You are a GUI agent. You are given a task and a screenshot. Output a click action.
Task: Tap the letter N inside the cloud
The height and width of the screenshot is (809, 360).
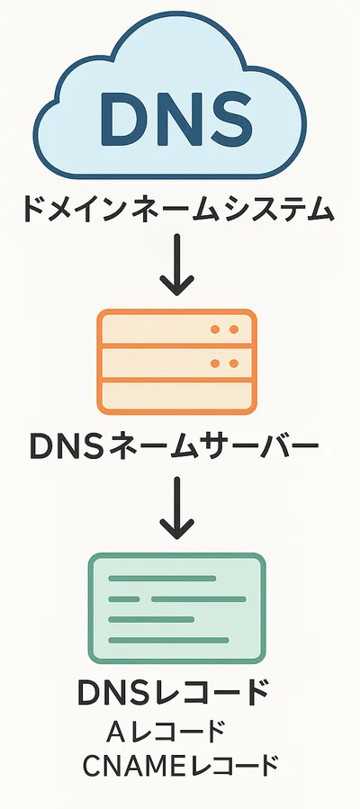coord(175,118)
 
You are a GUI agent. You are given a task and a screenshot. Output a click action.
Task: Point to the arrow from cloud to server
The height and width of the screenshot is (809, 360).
coord(177,265)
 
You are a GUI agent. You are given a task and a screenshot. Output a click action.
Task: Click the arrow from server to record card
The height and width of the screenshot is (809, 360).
coord(177,508)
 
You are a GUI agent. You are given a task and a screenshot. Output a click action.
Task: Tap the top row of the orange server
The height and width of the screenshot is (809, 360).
coord(177,329)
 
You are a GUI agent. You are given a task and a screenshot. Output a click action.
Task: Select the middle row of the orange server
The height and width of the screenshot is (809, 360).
coord(177,364)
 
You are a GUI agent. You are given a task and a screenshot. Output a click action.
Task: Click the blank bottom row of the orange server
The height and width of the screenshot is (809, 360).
coord(177,396)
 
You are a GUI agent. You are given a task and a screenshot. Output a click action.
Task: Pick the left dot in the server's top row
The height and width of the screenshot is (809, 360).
coord(216,329)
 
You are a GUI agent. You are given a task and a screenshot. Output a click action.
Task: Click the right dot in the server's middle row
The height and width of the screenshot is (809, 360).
coord(234,364)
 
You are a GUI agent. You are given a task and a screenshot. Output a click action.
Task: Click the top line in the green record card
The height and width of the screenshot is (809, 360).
coord(162,579)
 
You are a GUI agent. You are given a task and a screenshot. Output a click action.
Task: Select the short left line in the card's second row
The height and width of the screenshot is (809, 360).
coord(124,599)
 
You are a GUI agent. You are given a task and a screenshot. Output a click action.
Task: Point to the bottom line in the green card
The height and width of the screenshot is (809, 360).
coord(168,641)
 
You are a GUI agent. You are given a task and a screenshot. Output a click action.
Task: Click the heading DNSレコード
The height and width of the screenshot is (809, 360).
coord(174,692)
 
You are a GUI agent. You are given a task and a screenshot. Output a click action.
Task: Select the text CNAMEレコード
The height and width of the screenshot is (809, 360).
coord(181,766)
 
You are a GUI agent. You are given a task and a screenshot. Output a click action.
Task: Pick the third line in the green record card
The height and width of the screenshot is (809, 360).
coord(151,620)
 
